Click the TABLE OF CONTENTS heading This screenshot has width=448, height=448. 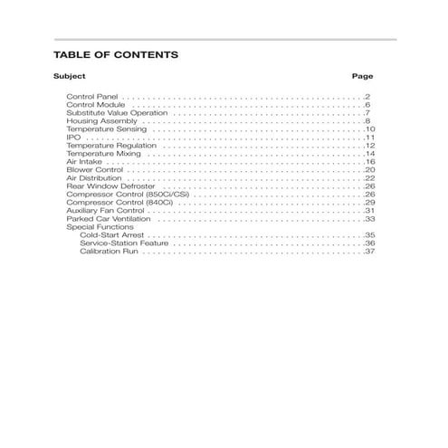pyautogui.click(x=116, y=55)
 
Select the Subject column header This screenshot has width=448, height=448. pyautogui.click(x=69, y=77)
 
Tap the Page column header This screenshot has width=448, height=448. pyautogui.click(x=362, y=77)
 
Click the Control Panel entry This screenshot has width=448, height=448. pyautogui.click(x=92, y=96)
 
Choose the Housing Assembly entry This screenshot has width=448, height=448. pyautogui.click(x=100, y=120)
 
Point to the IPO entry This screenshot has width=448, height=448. pyautogui.click(x=73, y=138)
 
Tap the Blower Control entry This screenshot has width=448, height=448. pyautogui.click(x=94, y=170)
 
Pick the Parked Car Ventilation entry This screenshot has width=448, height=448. pyautogui.click(x=110, y=219)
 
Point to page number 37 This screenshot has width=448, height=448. pyautogui.click(x=369, y=252)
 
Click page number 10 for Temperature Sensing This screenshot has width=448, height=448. pyautogui.click(x=369, y=129)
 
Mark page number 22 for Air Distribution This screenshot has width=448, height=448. pyautogui.click(x=369, y=178)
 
